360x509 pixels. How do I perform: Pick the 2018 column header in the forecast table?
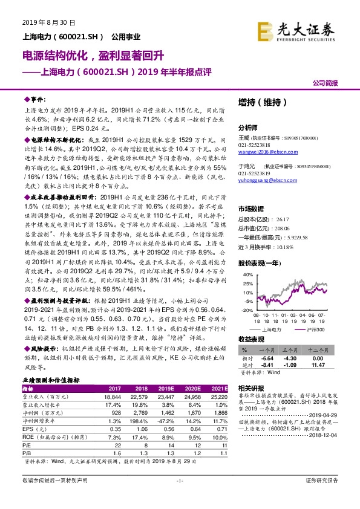click(140, 389)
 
